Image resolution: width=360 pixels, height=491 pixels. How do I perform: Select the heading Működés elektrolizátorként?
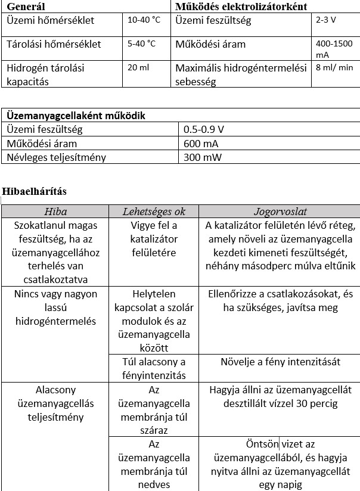[x=241, y=7]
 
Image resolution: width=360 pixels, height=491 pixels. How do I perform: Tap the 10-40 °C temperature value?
[x=144, y=20]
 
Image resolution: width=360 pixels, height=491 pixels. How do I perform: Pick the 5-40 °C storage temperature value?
[x=142, y=44]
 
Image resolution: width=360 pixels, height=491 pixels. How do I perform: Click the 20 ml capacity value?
[x=138, y=67]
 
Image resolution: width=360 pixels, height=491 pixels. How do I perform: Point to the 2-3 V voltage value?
[x=327, y=20]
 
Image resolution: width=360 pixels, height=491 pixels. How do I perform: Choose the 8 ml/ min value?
[x=334, y=67]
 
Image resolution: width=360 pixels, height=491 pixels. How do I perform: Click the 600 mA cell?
[x=201, y=144]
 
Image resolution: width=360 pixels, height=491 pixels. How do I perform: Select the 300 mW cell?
[x=202, y=157]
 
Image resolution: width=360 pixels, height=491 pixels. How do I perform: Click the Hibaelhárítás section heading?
[x=34, y=191]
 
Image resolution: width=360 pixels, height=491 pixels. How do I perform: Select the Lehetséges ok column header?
[x=154, y=212]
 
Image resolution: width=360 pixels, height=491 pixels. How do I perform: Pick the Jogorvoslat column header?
[x=280, y=212]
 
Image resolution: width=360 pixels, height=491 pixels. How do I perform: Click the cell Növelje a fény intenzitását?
[x=280, y=362]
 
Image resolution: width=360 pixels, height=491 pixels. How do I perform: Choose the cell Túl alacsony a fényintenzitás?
[x=154, y=368]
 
